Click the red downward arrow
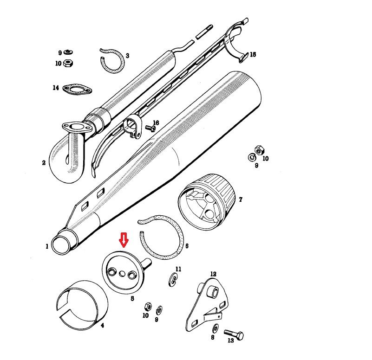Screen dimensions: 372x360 click(x=124, y=240)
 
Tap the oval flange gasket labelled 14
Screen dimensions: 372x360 click(x=78, y=90)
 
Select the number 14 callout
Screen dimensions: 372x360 click(x=56, y=88)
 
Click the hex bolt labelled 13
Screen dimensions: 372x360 click(x=234, y=334)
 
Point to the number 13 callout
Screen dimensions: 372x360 click(x=231, y=341)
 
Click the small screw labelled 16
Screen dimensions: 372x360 click(x=150, y=128)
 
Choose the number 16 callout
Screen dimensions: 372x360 click(x=156, y=123)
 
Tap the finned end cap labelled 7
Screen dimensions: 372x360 click(x=207, y=202)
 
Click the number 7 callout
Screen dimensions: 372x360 click(x=241, y=199)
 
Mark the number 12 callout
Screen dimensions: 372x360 click(x=213, y=274)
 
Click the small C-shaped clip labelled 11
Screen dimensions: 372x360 click(x=174, y=280)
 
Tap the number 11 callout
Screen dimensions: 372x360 click(x=178, y=269)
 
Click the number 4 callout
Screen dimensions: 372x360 click(x=102, y=326)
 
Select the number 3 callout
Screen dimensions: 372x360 click(x=127, y=56)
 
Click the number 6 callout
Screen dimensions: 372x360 click(x=187, y=246)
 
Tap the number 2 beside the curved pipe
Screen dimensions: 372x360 click(x=44, y=163)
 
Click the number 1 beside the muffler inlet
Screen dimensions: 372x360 click(x=47, y=246)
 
